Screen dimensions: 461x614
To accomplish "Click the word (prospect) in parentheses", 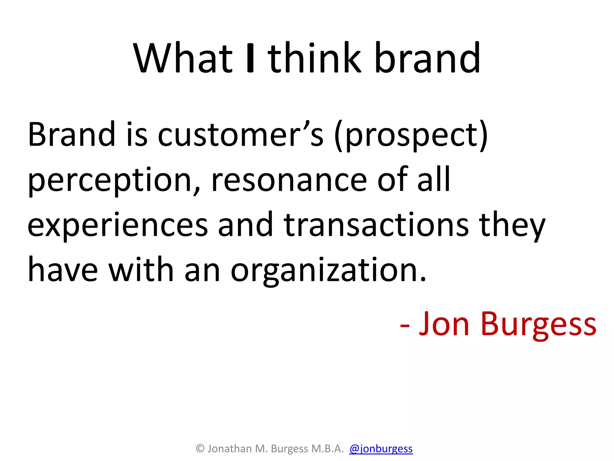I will coord(411,135).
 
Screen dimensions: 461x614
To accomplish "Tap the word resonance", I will coord(289,180).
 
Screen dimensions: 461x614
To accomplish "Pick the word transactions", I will coord(376,225).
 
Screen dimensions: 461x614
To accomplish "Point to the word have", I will coord(63,270).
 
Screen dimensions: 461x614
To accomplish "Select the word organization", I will coord(328,270).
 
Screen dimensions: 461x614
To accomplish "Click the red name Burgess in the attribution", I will coord(538,324).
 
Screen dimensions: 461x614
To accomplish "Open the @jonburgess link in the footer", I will coord(381,449).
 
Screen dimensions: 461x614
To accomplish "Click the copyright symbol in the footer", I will coord(200,449).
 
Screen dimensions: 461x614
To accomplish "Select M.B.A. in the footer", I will coord(327,449).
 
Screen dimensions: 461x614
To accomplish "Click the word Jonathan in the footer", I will coord(230,449).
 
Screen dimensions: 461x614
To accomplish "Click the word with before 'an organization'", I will coord(141,270).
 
